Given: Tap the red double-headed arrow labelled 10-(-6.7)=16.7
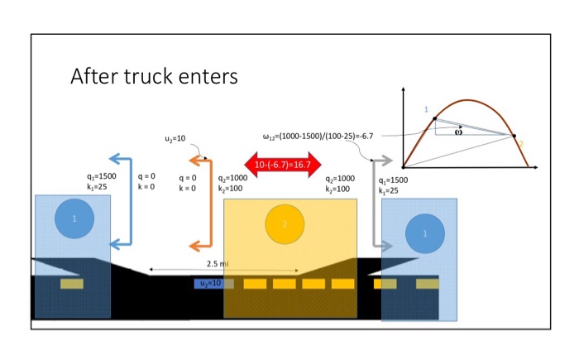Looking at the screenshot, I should click(282, 165).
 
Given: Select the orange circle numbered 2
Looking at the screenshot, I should click(285, 223).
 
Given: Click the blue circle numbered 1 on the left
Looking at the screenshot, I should click(74, 219).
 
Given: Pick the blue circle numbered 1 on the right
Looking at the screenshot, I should click(424, 234).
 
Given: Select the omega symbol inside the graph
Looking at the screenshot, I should click(458, 130).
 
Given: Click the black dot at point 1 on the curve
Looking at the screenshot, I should click(434, 119).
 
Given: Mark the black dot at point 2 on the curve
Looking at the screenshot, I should click(514, 137).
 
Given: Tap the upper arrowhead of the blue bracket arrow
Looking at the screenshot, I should click(116, 159).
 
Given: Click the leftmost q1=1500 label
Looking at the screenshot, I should click(101, 177).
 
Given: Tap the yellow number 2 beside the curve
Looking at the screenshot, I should click(522, 144).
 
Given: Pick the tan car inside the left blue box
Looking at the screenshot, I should click(71, 284).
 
